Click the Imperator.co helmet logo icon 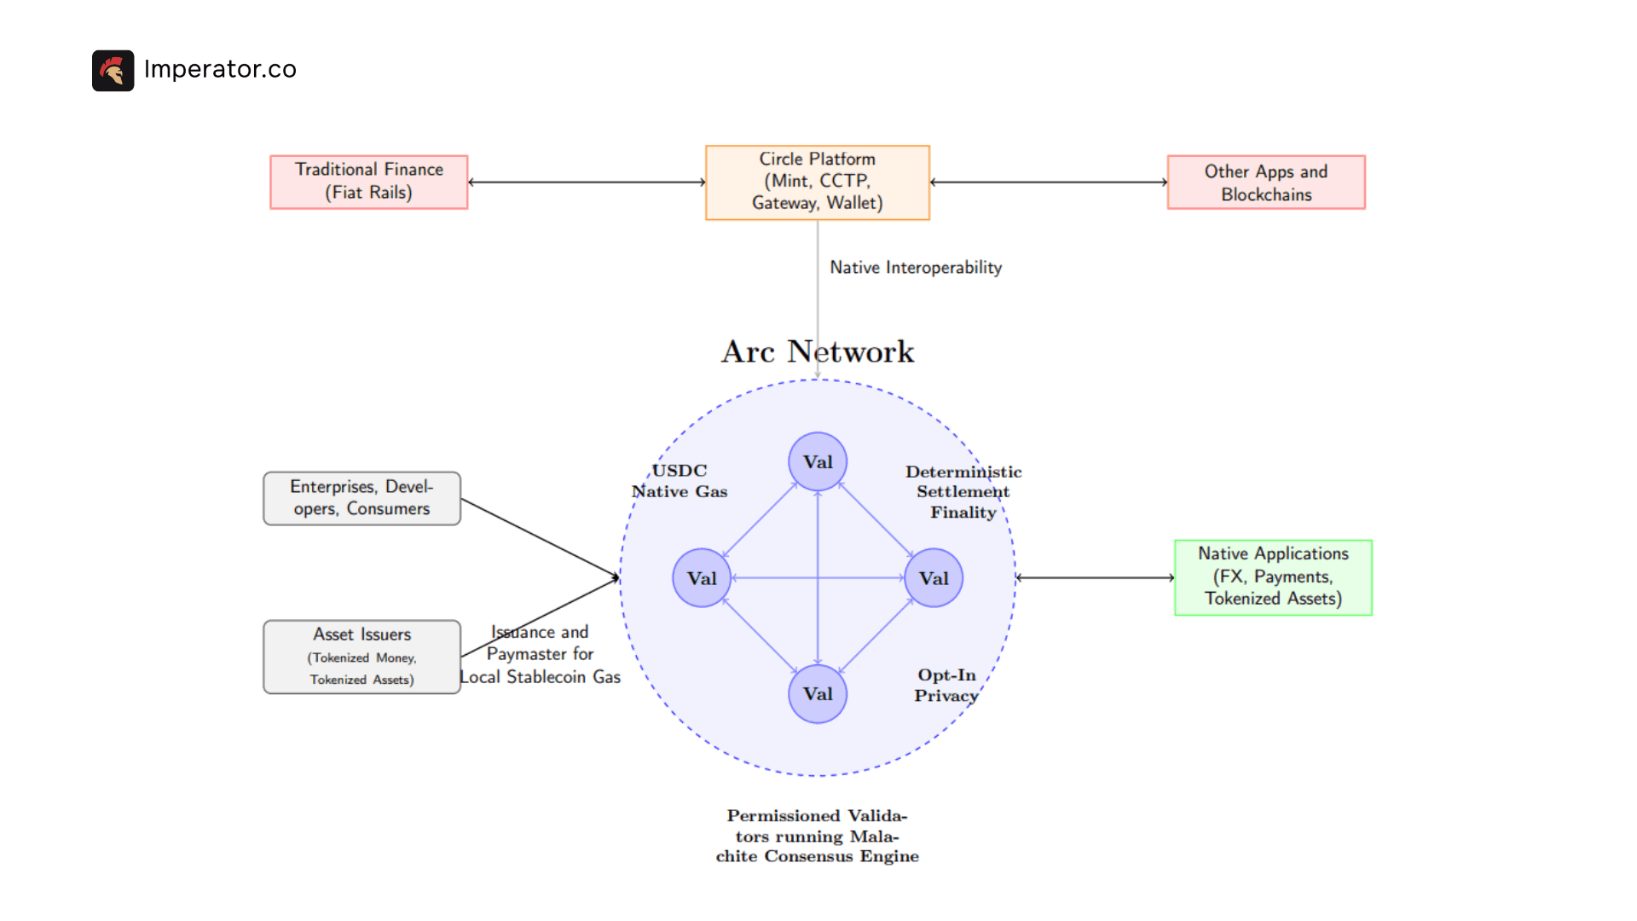113,70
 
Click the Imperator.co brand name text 220,69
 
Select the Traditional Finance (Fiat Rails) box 368,182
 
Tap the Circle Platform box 817,182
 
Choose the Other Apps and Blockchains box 1265,182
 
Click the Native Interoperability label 915,268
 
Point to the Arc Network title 817,351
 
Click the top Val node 817,461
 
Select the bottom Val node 817,693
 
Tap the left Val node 701,577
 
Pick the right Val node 933,577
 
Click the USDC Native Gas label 679,481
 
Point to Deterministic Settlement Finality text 963,492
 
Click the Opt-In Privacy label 946,685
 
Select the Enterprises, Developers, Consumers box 362,498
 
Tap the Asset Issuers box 362,657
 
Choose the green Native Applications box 1272,577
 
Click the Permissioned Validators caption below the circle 817,836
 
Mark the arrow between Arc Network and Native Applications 1095,577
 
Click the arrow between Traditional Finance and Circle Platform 587,182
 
